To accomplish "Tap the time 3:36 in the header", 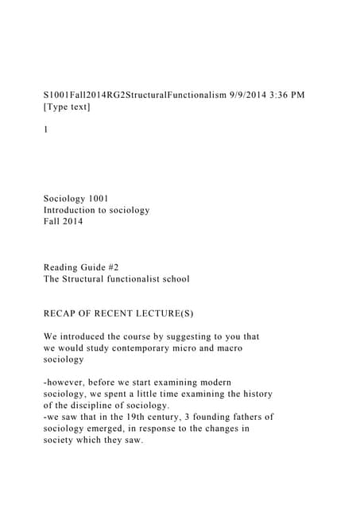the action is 278,95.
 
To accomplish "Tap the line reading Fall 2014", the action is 63,222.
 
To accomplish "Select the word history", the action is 254,394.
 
